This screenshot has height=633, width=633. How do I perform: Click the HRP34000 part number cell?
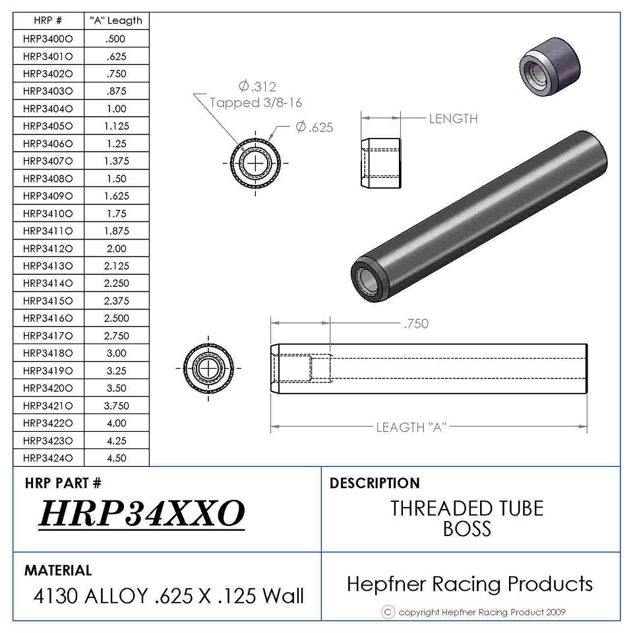(48, 39)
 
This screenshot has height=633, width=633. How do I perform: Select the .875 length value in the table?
(117, 91)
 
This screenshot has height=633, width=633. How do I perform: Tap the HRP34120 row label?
(48, 249)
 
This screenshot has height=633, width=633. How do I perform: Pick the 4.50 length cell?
(117, 458)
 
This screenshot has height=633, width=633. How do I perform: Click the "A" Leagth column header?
(116, 20)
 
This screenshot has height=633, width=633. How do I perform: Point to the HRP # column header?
(47, 20)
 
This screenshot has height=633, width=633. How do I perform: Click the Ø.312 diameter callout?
(257, 86)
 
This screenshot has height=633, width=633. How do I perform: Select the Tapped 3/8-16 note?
(256, 103)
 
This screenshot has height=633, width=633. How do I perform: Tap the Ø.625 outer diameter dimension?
(315, 127)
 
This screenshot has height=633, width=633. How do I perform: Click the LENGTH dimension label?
(454, 119)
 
